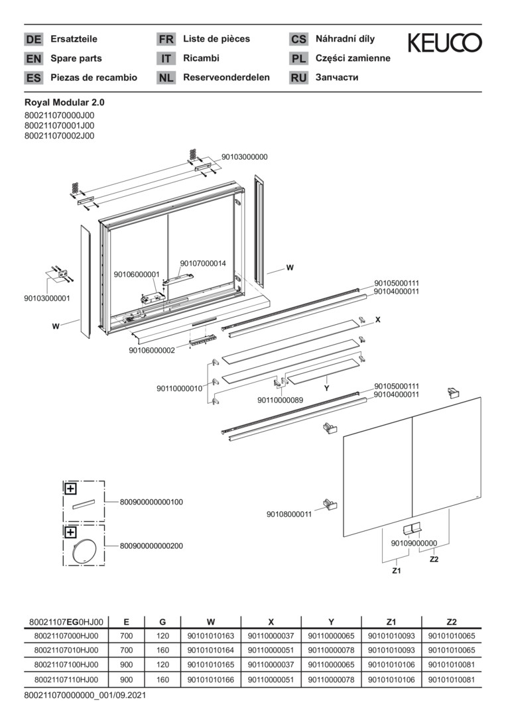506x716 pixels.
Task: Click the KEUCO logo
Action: tap(444, 43)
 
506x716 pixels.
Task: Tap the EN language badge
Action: tap(33, 58)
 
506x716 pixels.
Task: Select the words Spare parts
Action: tap(76, 58)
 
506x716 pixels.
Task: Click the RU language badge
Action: tap(298, 78)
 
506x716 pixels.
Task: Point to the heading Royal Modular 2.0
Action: tap(64, 103)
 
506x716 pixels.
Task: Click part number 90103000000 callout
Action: tap(245, 157)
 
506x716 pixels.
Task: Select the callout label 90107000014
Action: tap(203, 263)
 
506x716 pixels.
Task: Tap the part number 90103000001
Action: tap(47, 298)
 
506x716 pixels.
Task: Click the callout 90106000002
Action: tap(152, 350)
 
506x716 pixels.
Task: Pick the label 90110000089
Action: tap(280, 400)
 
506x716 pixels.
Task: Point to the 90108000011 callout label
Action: tap(289, 514)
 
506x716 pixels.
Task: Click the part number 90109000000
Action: tap(414, 543)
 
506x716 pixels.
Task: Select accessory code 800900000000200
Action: tap(151, 546)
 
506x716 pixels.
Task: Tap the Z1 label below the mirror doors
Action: tap(396, 570)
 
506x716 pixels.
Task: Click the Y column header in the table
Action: tap(331, 622)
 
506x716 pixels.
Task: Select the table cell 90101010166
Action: tap(211, 680)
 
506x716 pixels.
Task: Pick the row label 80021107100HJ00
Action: tap(66, 665)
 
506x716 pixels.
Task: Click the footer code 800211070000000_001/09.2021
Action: tap(85, 696)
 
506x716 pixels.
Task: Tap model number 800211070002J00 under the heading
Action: tap(59, 135)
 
